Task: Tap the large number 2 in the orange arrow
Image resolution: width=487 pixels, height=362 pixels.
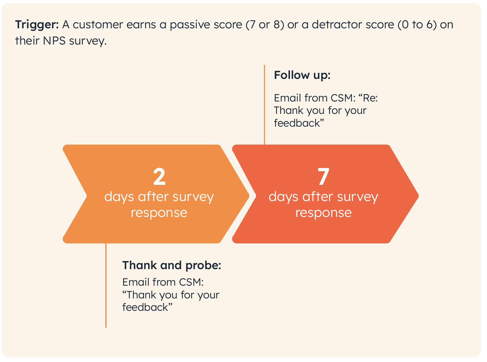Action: tap(159, 176)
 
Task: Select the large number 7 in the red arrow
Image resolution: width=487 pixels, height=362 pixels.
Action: tap(323, 176)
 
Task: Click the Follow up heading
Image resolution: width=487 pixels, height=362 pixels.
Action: tap(302, 76)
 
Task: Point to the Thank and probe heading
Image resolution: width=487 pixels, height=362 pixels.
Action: tap(171, 265)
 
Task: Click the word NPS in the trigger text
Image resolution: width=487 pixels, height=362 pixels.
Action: tap(54, 41)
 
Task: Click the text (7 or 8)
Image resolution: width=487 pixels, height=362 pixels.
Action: tap(265, 24)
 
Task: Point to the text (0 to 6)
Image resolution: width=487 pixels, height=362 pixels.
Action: tap(417, 24)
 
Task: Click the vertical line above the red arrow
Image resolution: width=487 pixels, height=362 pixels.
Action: tap(264, 105)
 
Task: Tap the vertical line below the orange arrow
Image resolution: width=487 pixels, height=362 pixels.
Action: tap(106, 285)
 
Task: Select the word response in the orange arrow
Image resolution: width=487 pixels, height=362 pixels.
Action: tap(159, 213)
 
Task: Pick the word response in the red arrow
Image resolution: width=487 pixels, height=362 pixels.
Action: tap(323, 213)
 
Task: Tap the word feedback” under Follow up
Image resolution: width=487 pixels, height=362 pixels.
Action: tap(299, 123)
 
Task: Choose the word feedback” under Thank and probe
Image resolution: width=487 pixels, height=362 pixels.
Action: tap(147, 307)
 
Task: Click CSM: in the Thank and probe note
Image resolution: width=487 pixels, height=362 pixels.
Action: tap(191, 282)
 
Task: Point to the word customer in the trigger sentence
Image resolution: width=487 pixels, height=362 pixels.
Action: tap(98, 24)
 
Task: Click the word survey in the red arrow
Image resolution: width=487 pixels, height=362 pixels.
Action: tap(358, 197)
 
